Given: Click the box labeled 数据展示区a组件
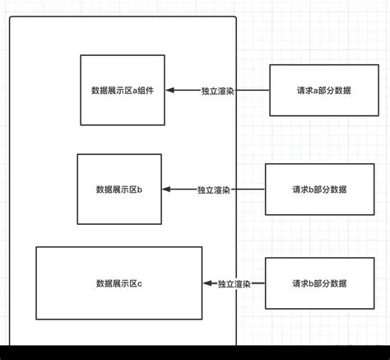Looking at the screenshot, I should pyautogui.click(x=123, y=90).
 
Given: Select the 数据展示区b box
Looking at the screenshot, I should pyautogui.click(x=119, y=189).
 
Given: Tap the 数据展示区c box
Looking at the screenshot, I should pyautogui.click(x=119, y=283).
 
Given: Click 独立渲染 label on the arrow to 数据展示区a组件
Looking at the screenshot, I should pyautogui.click(x=217, y=91).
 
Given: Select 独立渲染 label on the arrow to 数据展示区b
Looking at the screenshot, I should pyautogui.click(x=213, y=189).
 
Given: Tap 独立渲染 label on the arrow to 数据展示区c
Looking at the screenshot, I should pyautogui.click(x=234, y=283).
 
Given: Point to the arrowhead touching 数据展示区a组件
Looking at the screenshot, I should pyautogui.click(x=172, y=91).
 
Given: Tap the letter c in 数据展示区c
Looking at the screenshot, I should pyautogui.click(x=140, y=283).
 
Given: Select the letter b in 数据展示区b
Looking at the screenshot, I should pyautogui.click(x=140, y=189).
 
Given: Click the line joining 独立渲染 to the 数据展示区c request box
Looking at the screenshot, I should pyautogui.click(x=258, y=283).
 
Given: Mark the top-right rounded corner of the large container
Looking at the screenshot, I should pyautogui.click(x=234, y=18).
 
